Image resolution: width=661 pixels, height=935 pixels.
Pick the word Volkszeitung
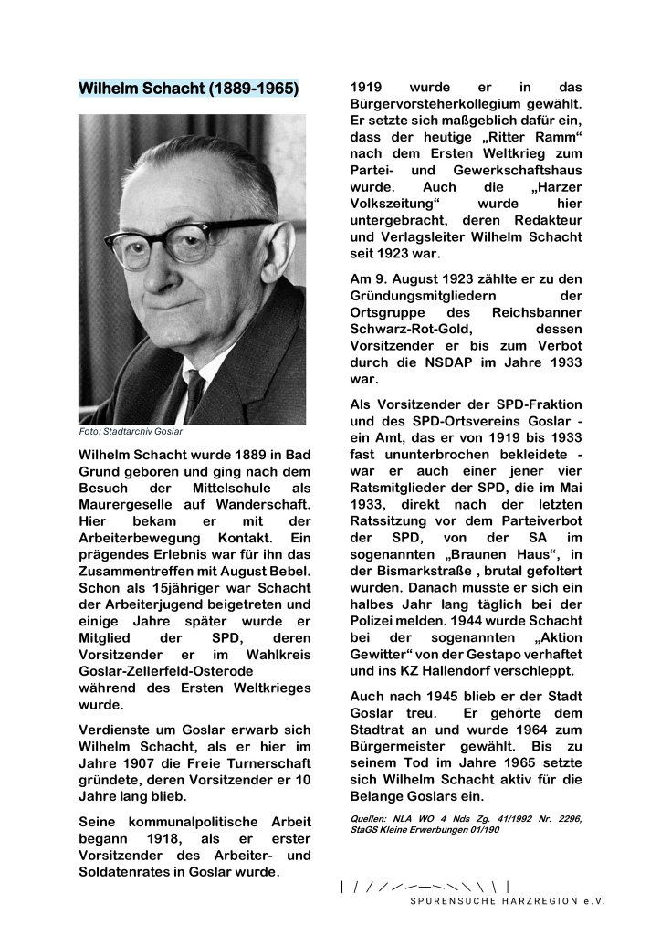click(395, 205)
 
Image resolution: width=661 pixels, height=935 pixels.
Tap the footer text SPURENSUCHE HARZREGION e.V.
click(507, 900)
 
